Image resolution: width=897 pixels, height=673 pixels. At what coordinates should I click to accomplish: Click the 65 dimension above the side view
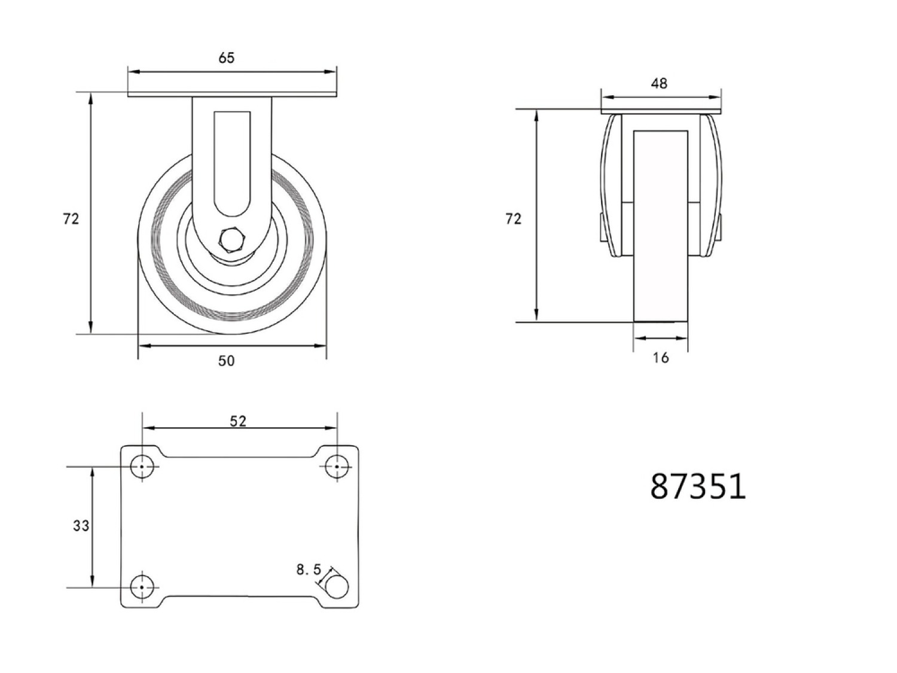227,58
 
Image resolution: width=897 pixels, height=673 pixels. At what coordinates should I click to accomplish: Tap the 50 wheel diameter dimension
227,361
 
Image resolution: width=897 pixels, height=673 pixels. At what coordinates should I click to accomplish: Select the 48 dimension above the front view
659,83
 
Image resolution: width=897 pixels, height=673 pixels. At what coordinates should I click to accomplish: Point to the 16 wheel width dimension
661,358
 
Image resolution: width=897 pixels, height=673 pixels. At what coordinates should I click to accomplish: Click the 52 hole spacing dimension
238,421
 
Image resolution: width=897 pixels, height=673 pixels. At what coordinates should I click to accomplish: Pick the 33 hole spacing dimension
81,526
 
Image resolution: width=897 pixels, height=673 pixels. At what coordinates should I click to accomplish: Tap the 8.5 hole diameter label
309,570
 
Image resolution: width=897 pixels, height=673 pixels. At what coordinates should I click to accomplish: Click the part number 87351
698,486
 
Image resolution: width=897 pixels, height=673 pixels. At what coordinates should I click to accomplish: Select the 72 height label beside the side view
71,219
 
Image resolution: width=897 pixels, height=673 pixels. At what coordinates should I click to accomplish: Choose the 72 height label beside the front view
513,219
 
